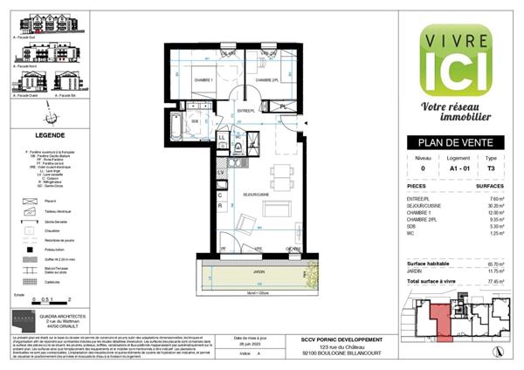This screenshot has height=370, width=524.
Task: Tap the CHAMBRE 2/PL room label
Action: (268, 80)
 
